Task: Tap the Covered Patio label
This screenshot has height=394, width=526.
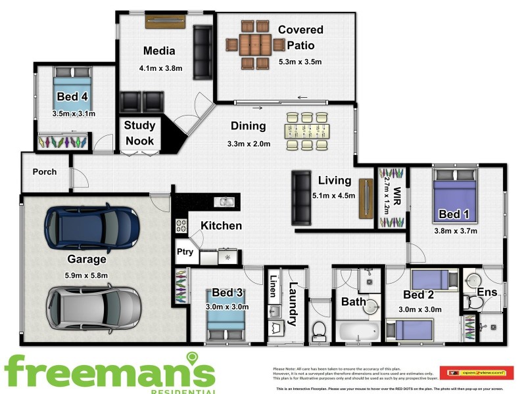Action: [x=300, y=37]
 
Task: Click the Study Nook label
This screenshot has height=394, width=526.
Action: [x=139, y=133]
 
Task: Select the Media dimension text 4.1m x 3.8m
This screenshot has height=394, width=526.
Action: [x=160, y=68]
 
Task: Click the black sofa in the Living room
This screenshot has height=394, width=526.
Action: [x=301, y=197]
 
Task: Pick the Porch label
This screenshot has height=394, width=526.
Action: [x=45, y=172]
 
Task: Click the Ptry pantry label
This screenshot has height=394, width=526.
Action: [x=184, y=252]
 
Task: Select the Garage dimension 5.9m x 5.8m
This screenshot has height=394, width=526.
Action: [x=87, y=275]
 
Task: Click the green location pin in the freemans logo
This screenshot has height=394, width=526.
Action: [x=192, y=359]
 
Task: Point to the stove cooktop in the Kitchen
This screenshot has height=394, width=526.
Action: [x=181, y=227]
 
